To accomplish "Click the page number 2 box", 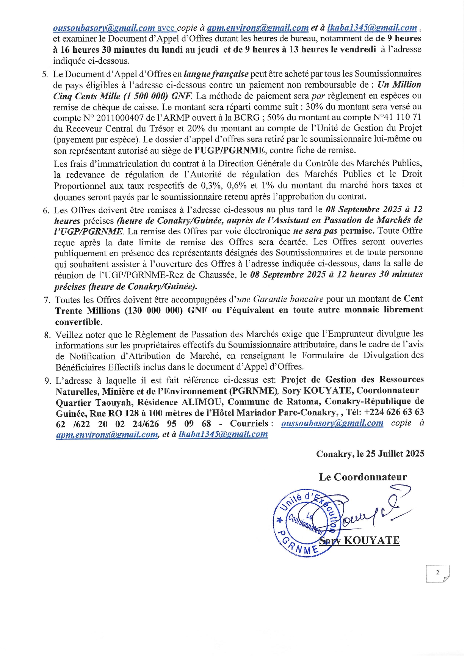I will (437, 573).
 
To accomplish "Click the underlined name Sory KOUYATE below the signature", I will (359, 540).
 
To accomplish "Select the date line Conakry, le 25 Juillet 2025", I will (370, 454).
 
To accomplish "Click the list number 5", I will (45, 74).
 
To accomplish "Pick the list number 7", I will (47, 300).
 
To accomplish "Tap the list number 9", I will (47, 381).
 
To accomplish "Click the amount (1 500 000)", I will (146, 96).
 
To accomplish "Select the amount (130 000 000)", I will (154, 311).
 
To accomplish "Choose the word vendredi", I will (356, 49).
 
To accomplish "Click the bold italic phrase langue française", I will (216, 74).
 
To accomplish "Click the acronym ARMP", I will (177, 118).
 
